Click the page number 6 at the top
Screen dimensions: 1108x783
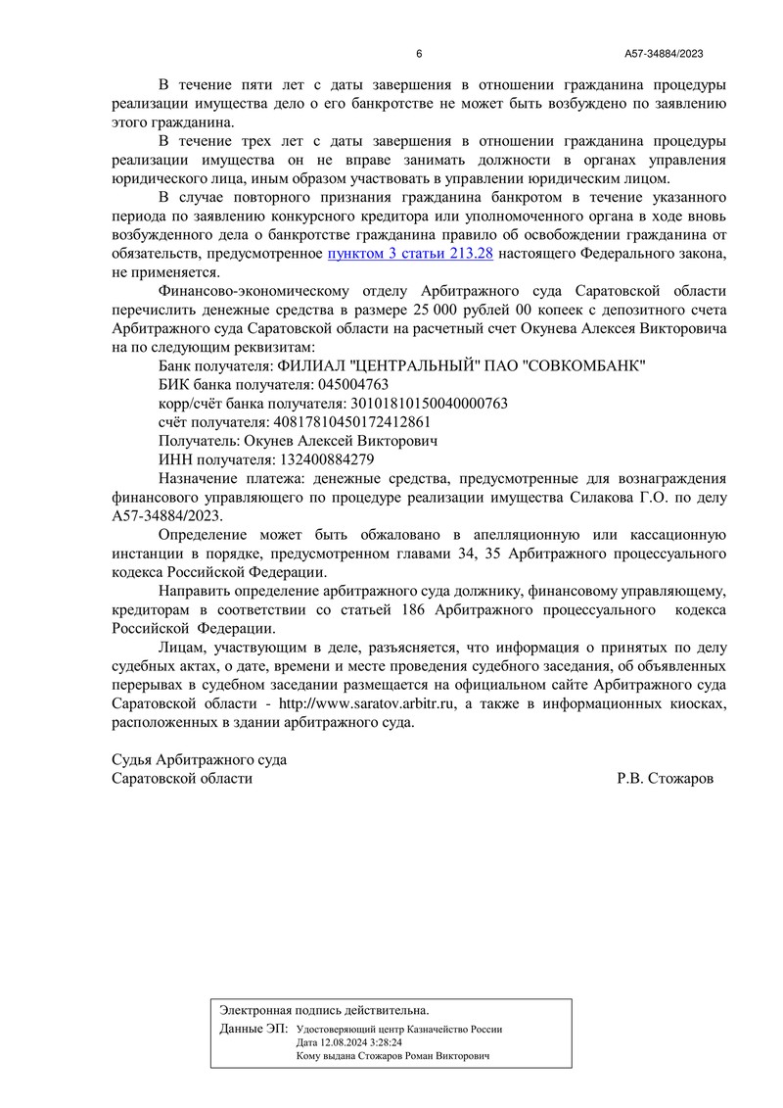click(x=419, y=54)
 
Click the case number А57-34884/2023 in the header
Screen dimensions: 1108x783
click(x=665, y=54)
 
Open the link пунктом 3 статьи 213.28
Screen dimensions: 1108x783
click(x=410, y=254)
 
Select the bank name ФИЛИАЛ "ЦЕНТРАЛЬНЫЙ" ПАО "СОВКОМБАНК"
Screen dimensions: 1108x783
click(x=402, y=365)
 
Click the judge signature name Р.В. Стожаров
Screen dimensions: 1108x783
click(x=666, y=779)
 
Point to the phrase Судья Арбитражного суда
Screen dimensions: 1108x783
click(x=201, y=760)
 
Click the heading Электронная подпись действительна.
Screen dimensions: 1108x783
click(x=324, y=1009)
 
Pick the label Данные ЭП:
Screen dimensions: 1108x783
click(x=254, y=1030)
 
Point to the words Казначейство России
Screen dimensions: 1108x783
click(x=456, y=1031)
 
